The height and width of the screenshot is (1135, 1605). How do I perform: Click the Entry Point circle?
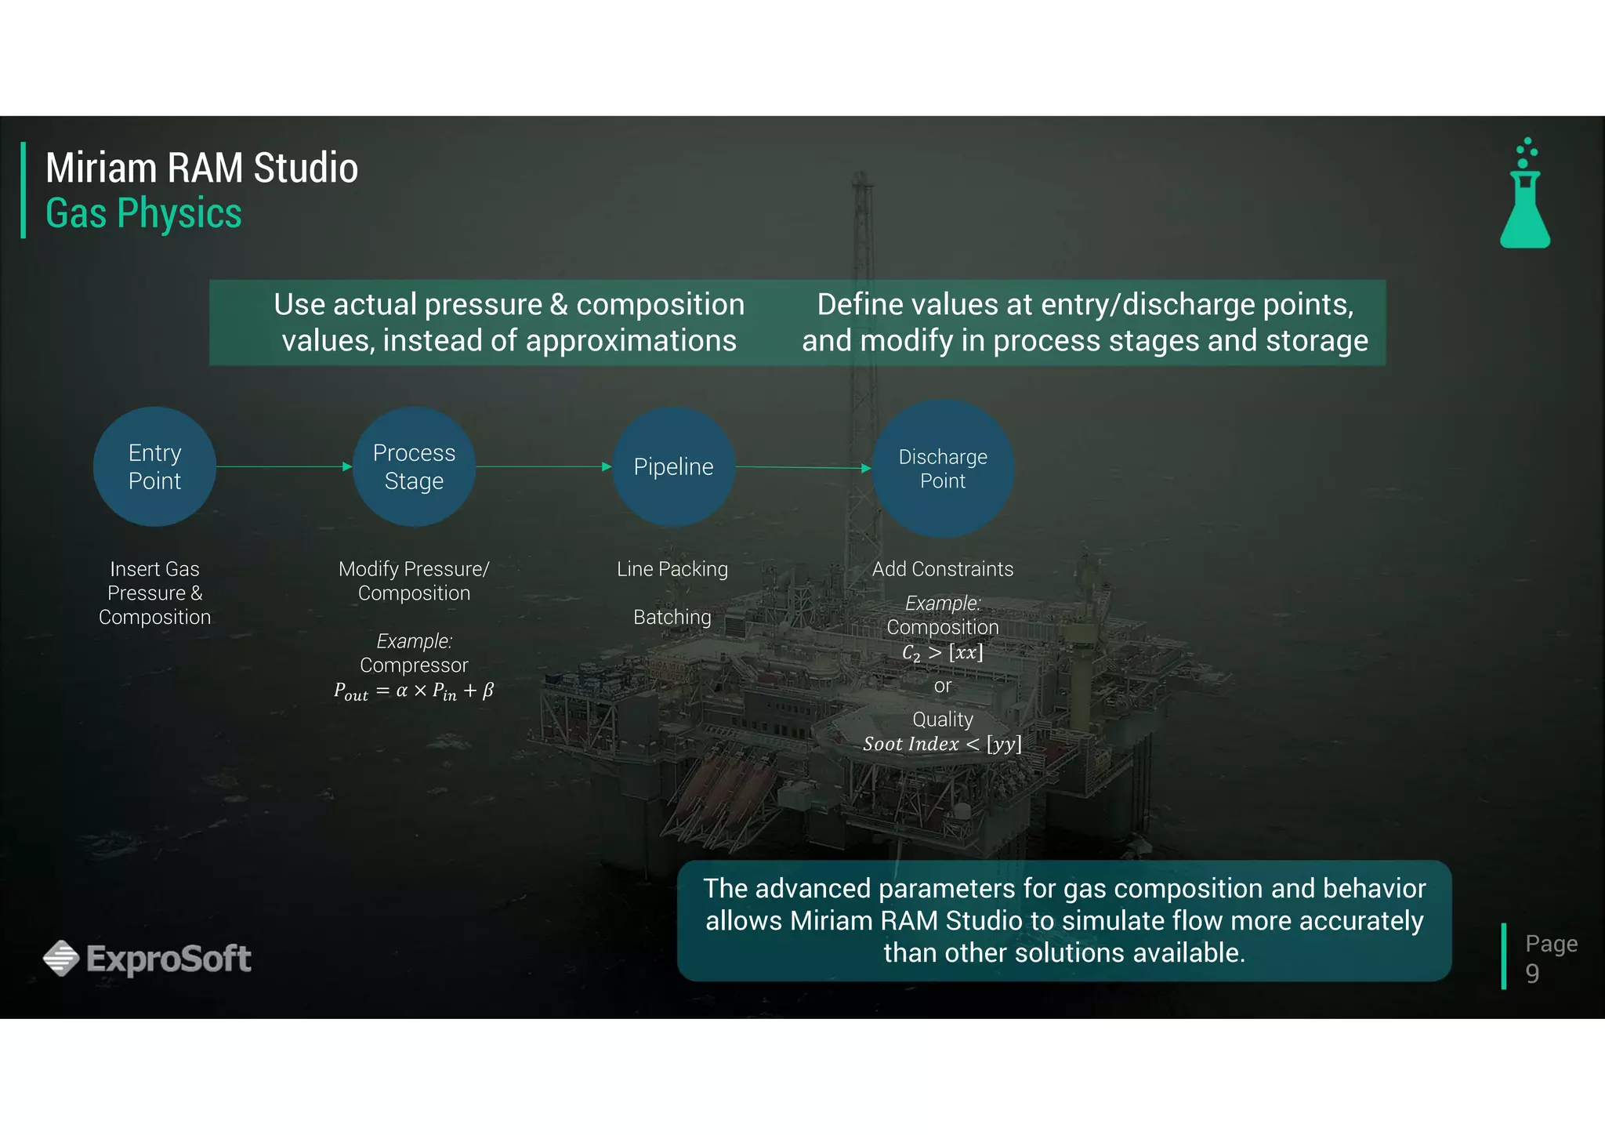[154, 466]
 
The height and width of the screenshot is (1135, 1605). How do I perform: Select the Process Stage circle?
[414, 466]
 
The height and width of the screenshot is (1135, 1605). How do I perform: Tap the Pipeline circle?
[673, 466]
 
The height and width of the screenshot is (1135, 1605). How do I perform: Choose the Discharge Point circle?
[943, 469]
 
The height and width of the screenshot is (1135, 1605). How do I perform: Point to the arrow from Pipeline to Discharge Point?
[803, 467]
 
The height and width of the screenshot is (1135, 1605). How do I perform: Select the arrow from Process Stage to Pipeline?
[543, 466]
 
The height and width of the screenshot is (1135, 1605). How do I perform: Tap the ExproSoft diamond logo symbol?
[61, 958]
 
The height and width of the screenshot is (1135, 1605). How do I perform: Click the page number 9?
[1532, 973]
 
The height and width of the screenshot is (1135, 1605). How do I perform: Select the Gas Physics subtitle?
[143, 213]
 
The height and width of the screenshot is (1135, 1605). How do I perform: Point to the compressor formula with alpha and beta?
[414, 691]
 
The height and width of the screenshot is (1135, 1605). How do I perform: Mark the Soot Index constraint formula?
[942, 744]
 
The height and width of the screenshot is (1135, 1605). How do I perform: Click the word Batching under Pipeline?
[672, 617]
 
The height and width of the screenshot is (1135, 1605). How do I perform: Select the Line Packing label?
[672, 569]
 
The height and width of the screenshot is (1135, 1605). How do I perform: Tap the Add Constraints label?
[942, 569]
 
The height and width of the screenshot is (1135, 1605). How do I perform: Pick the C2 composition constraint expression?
[942, 652]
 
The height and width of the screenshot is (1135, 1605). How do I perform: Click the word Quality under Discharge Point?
[942, 719]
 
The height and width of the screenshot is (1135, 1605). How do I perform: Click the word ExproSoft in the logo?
[168, 959]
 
